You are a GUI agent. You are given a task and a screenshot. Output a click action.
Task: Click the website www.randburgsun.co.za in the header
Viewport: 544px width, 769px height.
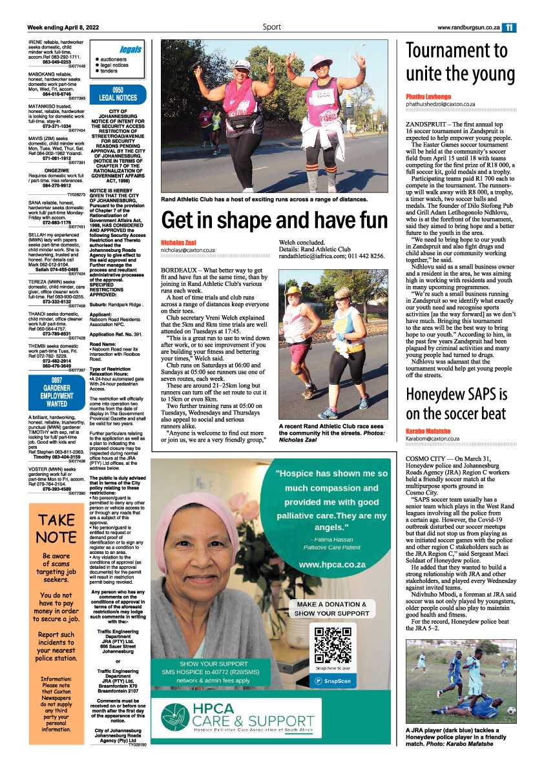[468, 28]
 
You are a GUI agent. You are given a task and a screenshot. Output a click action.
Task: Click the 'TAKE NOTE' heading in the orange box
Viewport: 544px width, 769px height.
[56, 528]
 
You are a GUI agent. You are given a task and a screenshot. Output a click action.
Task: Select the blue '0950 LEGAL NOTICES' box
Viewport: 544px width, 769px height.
[118, 94]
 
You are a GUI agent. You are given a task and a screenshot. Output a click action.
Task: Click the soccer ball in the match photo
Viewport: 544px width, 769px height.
[511, 711]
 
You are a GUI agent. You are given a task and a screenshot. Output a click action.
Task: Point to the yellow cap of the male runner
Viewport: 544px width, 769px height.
[293, 291]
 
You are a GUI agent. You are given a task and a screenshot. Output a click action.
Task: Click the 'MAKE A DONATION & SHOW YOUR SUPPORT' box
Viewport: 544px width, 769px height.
[333, 608]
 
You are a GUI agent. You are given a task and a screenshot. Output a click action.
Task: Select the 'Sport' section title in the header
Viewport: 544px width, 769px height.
[271, 27]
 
